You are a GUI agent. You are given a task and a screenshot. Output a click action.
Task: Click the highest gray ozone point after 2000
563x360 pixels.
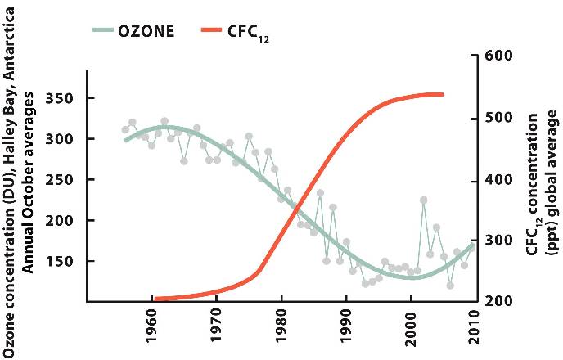coord(423,200)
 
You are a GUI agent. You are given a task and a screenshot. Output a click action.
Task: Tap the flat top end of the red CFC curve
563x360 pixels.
coord(440,95)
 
